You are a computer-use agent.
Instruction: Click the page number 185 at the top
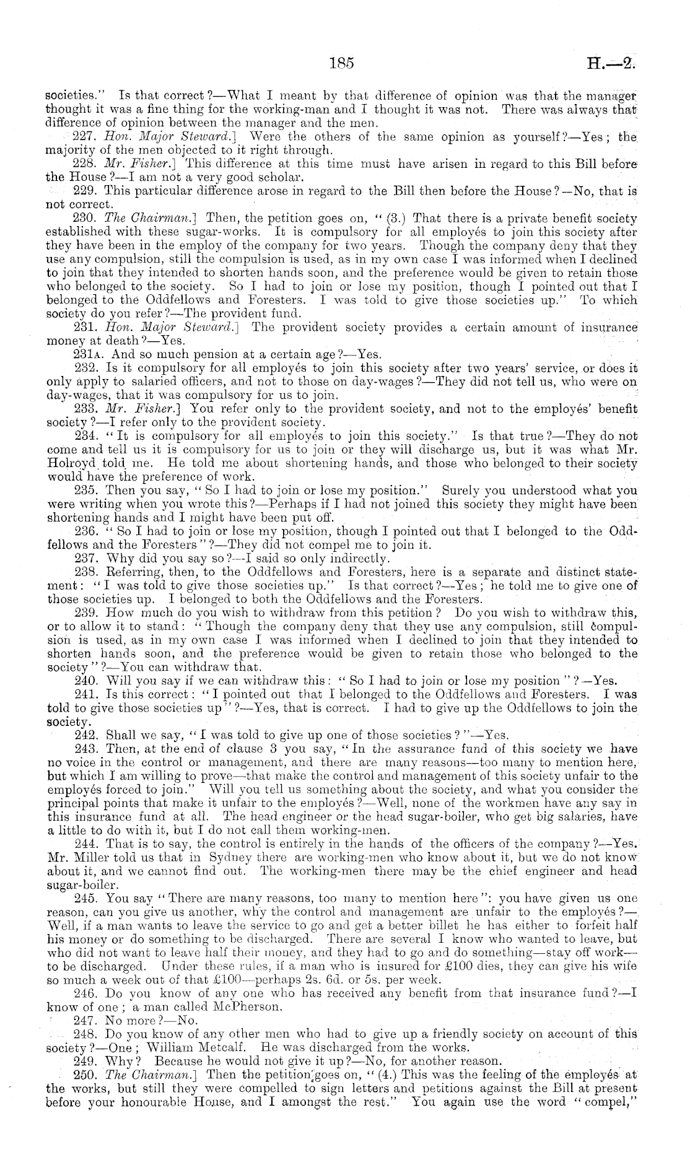pyautogui.click(x=341, y=63)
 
